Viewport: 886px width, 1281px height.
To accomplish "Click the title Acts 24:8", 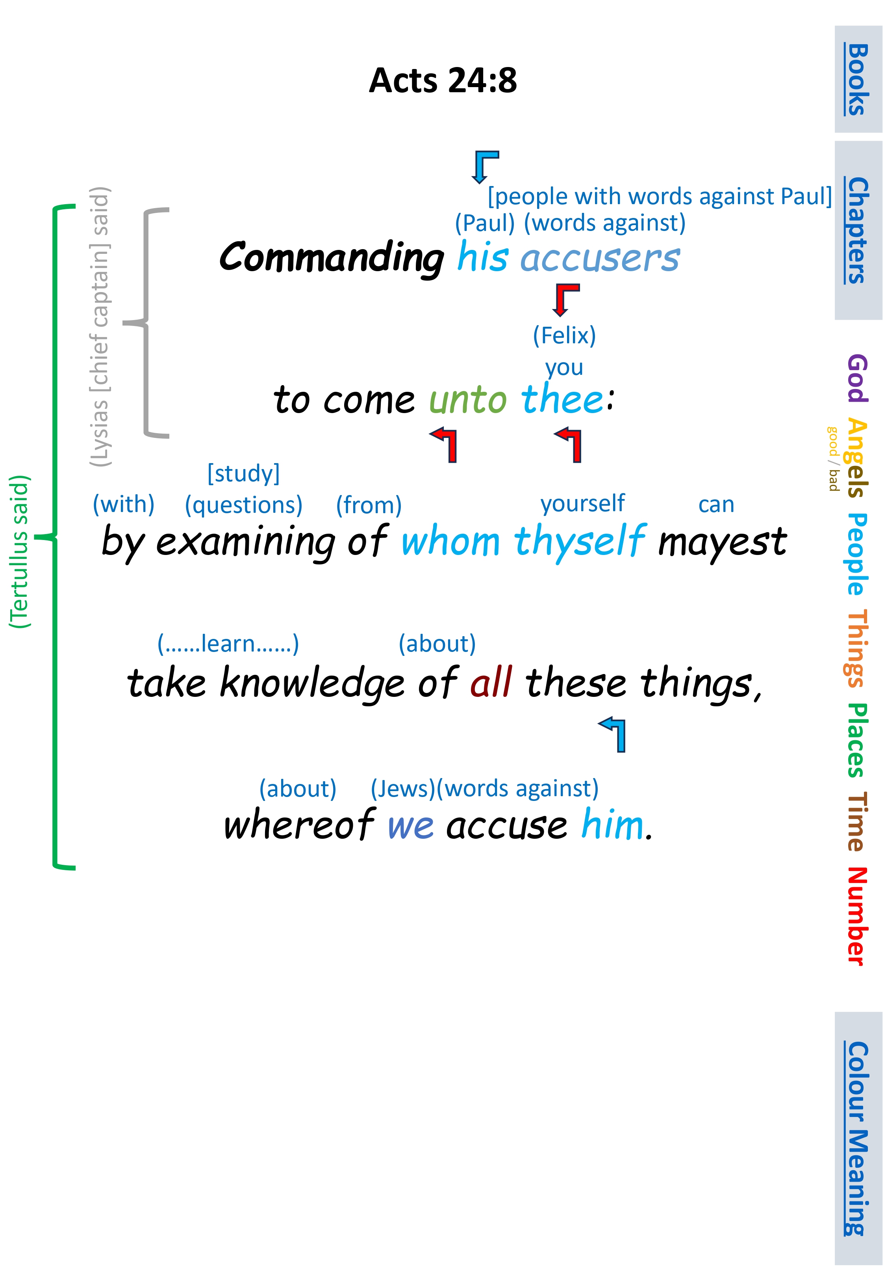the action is click(x=443, y=80).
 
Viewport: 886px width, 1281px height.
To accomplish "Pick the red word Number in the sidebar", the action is click(x=856, y=916).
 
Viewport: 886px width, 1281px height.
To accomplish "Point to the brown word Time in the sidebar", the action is click(x=856, y=822).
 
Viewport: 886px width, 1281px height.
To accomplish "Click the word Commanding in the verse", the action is click(x=332, y=258).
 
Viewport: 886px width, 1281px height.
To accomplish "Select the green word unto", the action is click(x=467, y=400).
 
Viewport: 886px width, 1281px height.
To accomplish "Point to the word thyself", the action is click(x=580, y=541).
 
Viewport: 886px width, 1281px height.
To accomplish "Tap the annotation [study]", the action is click(x=243, y=473).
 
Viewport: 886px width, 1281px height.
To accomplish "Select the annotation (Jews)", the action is click(x=402, y=788).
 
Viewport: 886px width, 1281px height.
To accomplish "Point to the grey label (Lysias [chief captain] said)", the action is click(x=100, y=327).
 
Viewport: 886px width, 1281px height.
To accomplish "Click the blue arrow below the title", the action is click(x=484, y=166).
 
